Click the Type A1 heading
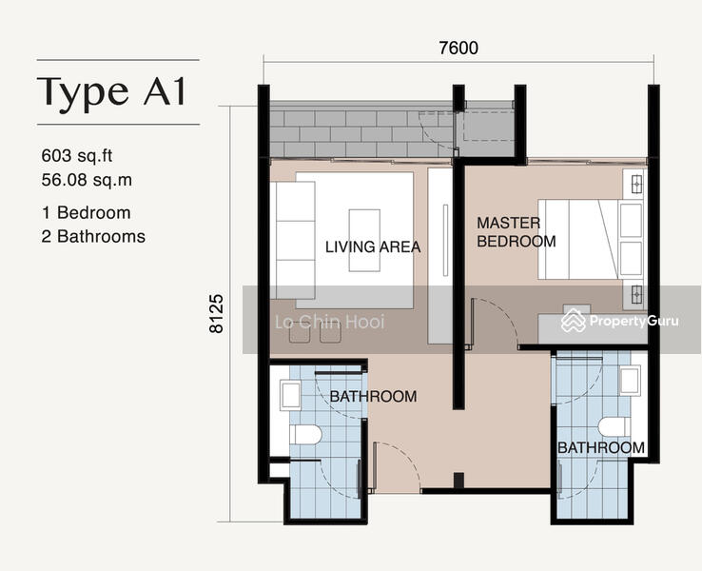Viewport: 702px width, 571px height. tap(111, 92)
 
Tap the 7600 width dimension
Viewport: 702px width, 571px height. tap(458, 48)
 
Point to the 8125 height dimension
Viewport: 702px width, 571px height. tap(217, 313)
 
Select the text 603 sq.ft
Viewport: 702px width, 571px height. tap(76, 156)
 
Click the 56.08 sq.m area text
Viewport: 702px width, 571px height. tap(87, 180)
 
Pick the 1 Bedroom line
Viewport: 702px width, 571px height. tap(86, 213)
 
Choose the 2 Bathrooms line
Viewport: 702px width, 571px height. tap(93, 236)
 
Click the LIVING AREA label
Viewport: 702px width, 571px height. tap(373, 246)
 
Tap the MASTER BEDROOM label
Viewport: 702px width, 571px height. tap(517, 232)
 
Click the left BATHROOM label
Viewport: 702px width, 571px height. tap(374, 396)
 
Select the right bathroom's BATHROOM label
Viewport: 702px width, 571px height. tap(601, 447)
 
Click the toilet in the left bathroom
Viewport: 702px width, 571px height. tap(305, 434)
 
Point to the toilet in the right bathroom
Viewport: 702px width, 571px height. tap(614, 426)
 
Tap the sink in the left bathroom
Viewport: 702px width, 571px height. tap(290, 396)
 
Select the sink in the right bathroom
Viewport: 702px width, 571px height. tap(631, 381)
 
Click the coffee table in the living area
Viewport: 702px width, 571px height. tap(364, 241)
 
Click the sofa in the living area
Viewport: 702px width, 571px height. tap(292, 241)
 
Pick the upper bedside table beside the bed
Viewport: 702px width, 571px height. tap(636, 184)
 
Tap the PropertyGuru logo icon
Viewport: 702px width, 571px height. tap(574, 321)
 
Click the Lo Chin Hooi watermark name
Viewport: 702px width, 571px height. tap(330, 322)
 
